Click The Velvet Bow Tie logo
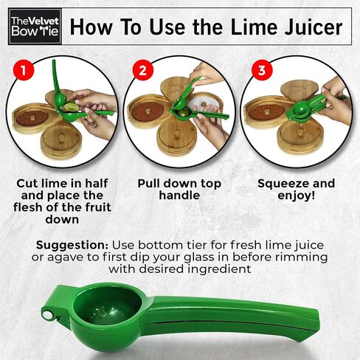[35, 27]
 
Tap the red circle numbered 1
[24, 70]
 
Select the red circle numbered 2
[143, 70]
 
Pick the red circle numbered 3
[262, 70]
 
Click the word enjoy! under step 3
[297, 196]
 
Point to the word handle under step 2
[179, 195]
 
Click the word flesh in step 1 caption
[28, 207]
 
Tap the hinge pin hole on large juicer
[47, 314]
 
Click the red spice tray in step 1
[32, 119]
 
